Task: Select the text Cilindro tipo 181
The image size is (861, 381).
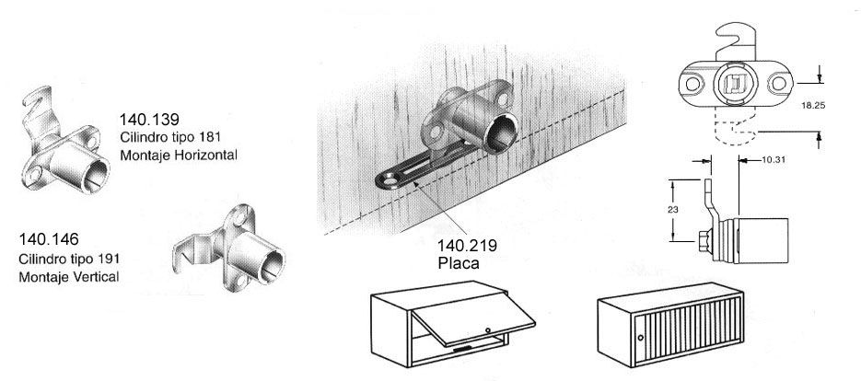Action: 171,137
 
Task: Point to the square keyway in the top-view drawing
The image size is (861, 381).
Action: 732,86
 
